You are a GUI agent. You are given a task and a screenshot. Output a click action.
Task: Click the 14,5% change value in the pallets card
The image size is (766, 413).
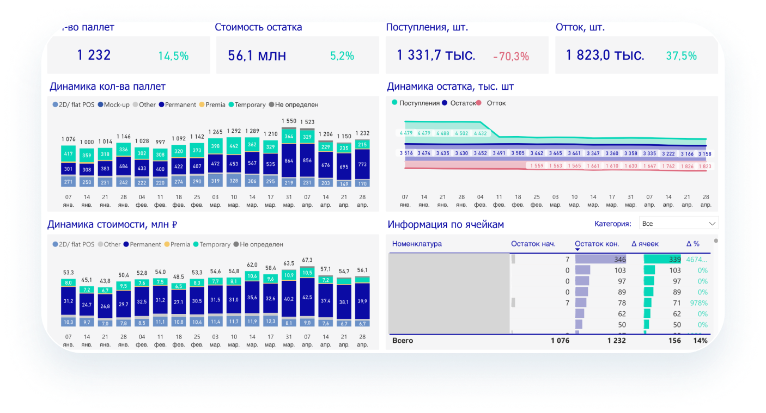coord(173,56)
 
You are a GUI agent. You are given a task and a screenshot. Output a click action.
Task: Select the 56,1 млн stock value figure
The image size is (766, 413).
coord(257,56)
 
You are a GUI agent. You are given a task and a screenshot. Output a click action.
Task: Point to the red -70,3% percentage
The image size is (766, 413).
coord(510,56)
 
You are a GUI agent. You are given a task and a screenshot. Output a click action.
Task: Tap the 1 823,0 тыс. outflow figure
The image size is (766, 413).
coord(605,56)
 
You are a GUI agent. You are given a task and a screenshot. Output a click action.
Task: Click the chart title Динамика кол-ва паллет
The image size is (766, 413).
coord(107,87)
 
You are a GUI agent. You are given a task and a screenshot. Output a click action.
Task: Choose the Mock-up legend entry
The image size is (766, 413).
coord(116,104)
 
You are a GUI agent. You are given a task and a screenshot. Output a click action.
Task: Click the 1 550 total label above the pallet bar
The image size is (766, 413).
coord(289,121)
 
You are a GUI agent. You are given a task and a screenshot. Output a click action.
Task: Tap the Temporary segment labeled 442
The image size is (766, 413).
coord(233,146)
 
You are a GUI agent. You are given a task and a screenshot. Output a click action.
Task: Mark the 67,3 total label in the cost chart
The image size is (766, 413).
coord(307,260)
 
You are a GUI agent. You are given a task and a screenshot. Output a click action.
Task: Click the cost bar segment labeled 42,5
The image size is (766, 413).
coord(307,298)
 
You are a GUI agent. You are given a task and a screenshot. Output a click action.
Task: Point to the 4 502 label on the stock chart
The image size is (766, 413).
coord(461,133)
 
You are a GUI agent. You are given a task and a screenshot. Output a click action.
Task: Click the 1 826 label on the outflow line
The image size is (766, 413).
coord(686,166)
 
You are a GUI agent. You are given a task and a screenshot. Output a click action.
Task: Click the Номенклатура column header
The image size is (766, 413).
coord(417,244)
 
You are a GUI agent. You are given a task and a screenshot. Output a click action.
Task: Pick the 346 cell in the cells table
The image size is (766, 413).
coord(619,260)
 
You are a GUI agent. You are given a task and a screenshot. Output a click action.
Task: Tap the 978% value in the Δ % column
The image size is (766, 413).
coord(698,303)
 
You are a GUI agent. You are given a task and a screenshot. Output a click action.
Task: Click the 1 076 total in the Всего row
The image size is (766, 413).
coord(560,341)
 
